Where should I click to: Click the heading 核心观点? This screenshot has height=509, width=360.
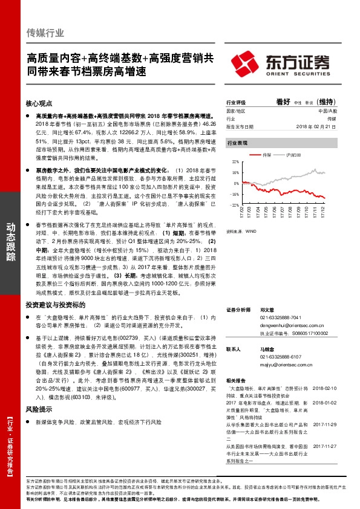pos(41,104)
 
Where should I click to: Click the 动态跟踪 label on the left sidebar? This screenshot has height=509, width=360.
pos(10,238)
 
